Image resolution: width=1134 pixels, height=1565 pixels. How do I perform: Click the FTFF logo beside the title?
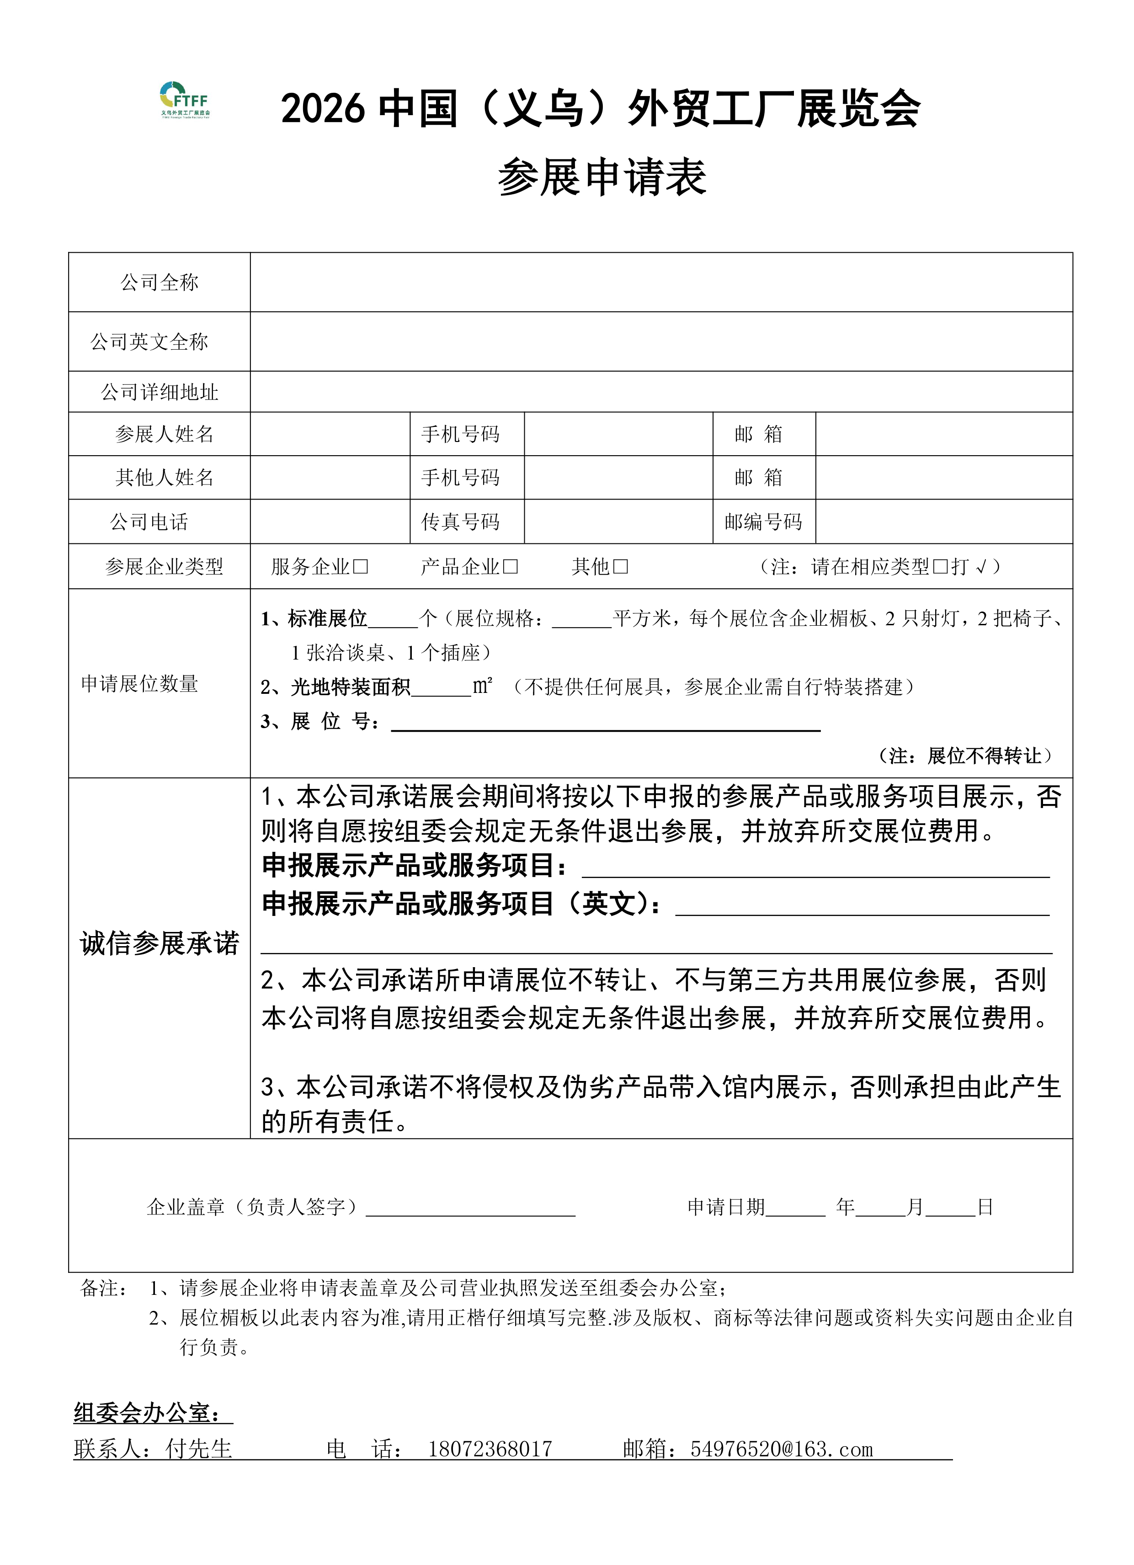click(x=184, y=101)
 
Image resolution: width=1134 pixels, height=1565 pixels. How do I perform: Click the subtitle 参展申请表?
click(x=602, y=177)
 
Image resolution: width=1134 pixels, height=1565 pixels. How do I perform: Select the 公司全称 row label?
click(x=160, y=282)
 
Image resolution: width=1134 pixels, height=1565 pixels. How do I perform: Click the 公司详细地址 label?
click(x=160, y=393)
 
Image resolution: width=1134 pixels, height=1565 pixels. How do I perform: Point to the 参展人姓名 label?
click(x=164, y=434)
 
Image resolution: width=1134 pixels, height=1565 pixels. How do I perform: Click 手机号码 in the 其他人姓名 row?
click(x=460, y=478)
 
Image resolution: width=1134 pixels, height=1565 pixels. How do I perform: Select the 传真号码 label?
click(x=460, y=522)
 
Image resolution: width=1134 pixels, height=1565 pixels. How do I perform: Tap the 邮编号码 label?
click(x=763, y=522)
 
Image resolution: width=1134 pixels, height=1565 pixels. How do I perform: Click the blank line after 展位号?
click(x=605, y=723)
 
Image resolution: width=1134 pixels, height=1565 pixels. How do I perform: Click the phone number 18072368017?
click(x=490, y=1449)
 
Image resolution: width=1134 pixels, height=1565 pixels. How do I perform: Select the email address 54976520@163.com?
click(x=781, y=1449)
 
